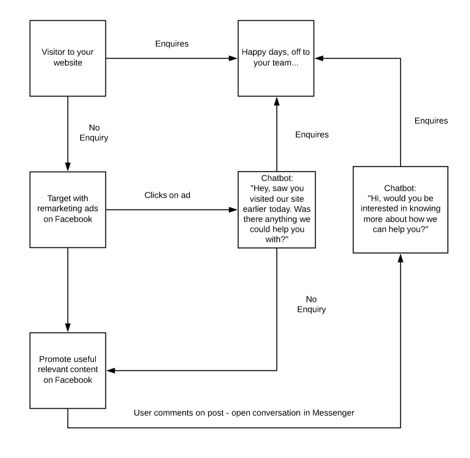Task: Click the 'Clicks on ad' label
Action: pyautogui.click(x=167, y=195)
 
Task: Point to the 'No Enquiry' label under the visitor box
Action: pyautogui.click(x=94, y=132)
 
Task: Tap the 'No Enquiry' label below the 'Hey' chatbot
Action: pyautogui.click(x=312, y=304)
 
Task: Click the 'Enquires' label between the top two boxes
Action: pyautogui.click(x=172, y=44)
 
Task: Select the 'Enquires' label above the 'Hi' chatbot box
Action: pyautogui.click(x=431, y=120)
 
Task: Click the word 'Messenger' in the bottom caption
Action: pyautogui.click(x=333, y=413)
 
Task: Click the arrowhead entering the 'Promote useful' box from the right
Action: pyautogui.click(x=110, y=370)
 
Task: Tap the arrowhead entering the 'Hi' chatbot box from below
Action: pyautogui.click(x=401, y=258)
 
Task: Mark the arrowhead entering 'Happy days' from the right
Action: pyautogui.click(x=319, y=58)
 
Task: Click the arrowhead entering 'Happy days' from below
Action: pyautogui.click(x=277, y=101)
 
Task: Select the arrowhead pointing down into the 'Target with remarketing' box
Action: pyautogui.click(x=68, y=167)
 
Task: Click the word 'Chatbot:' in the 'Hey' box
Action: pyautogui.click(x=277, y=178)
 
